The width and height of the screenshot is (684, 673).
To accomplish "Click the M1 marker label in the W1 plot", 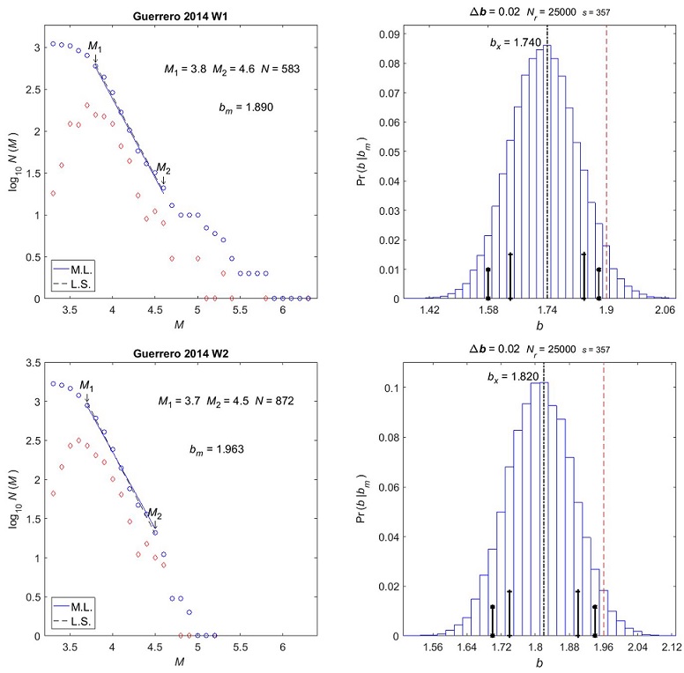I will [x=94, y=48].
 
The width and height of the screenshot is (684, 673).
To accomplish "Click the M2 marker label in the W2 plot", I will [x=153, y=514].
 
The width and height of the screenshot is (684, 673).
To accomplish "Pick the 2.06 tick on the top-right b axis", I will [x=664, y=311].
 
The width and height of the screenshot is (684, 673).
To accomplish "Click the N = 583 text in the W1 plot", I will [x=283, y=69].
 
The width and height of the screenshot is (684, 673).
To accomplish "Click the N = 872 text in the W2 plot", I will [x=276, y=402].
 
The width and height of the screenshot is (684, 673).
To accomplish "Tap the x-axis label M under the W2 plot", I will [x=181, y=662].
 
